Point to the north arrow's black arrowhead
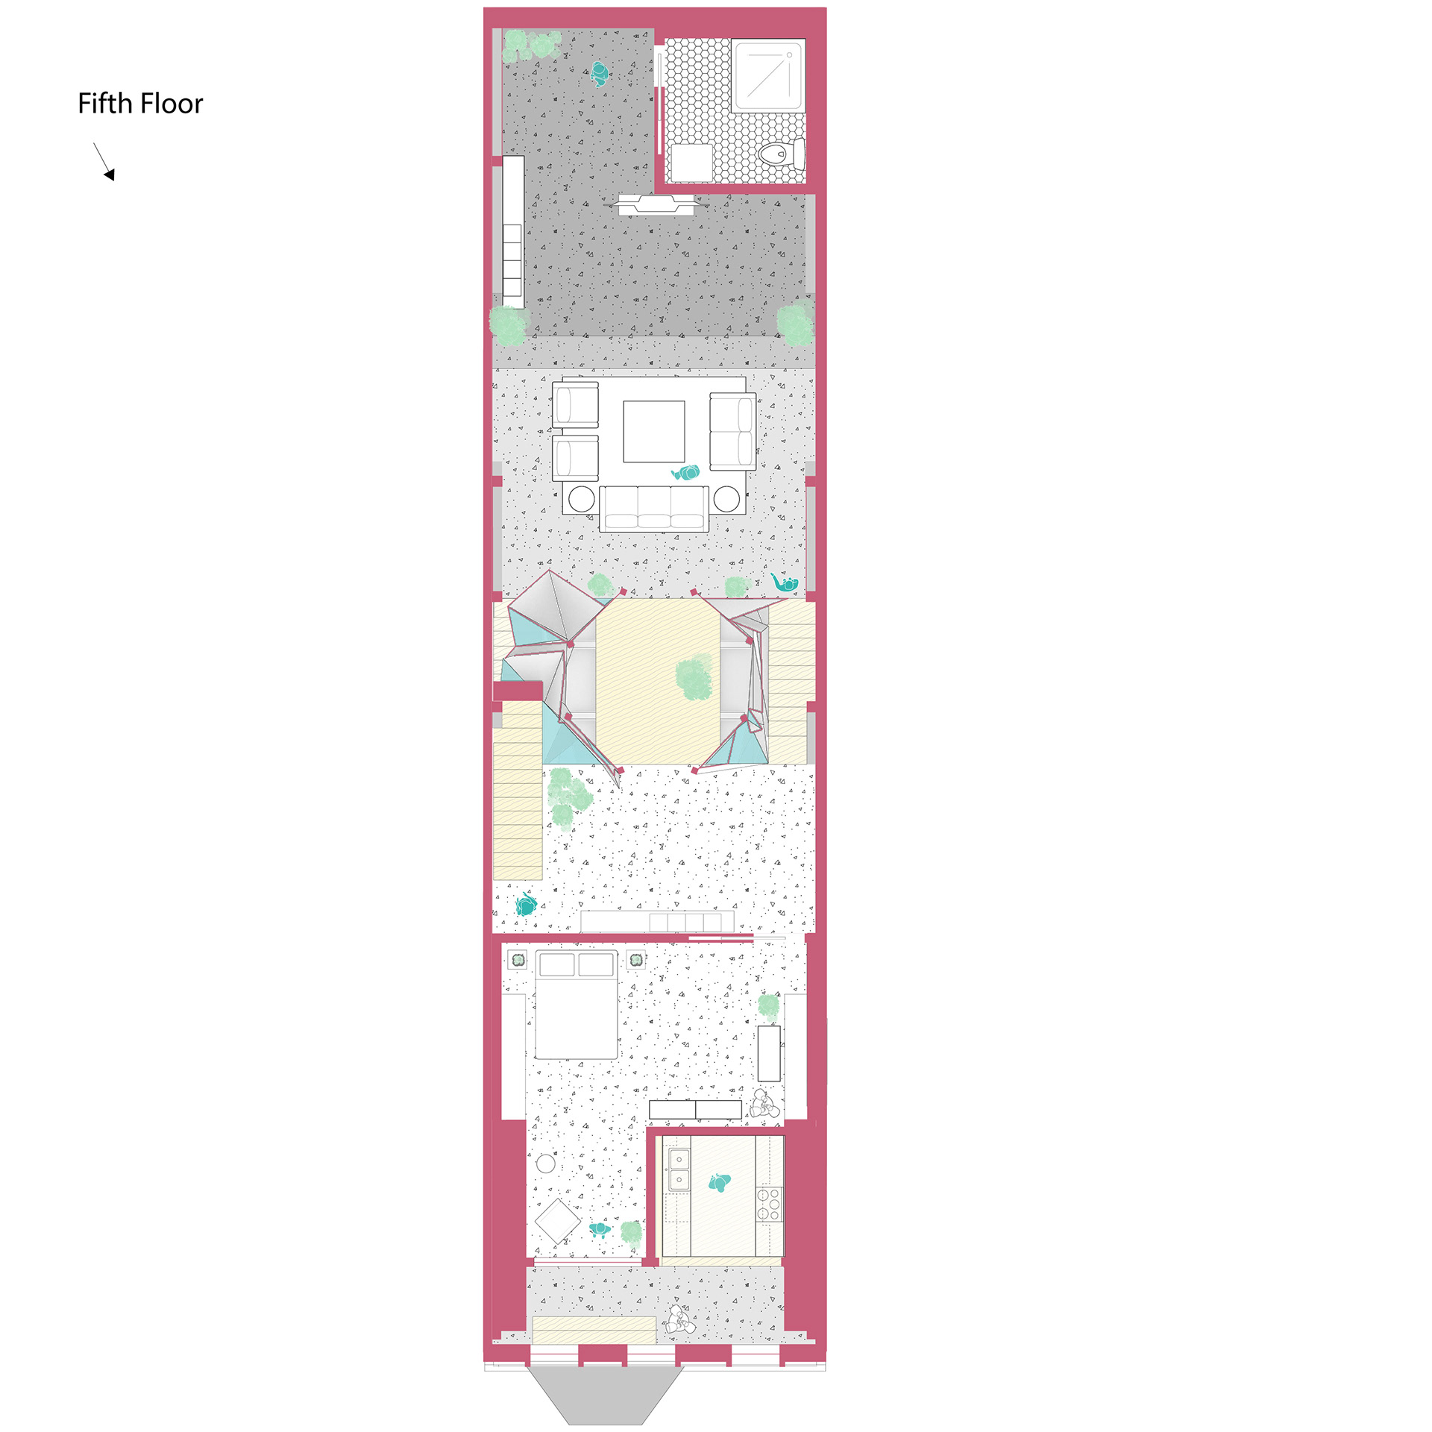pos(110,175)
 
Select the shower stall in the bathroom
pos(768,76)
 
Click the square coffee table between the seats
pos(654,432)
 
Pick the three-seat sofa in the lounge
pos(654,508)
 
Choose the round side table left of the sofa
pos(582,498)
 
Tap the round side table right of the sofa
pos(727,498)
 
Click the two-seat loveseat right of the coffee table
pos(732,432)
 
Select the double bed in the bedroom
pos(577,1005)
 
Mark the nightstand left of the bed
pos(517,959)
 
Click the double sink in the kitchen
pos(679,1169)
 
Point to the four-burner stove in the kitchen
pos(769,1205)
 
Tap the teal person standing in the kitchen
pos(719,1183)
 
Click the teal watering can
pos(785,582)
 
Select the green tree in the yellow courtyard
pos(694,676)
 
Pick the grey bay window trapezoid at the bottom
pos(606,1395)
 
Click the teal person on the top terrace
pos(600,74)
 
